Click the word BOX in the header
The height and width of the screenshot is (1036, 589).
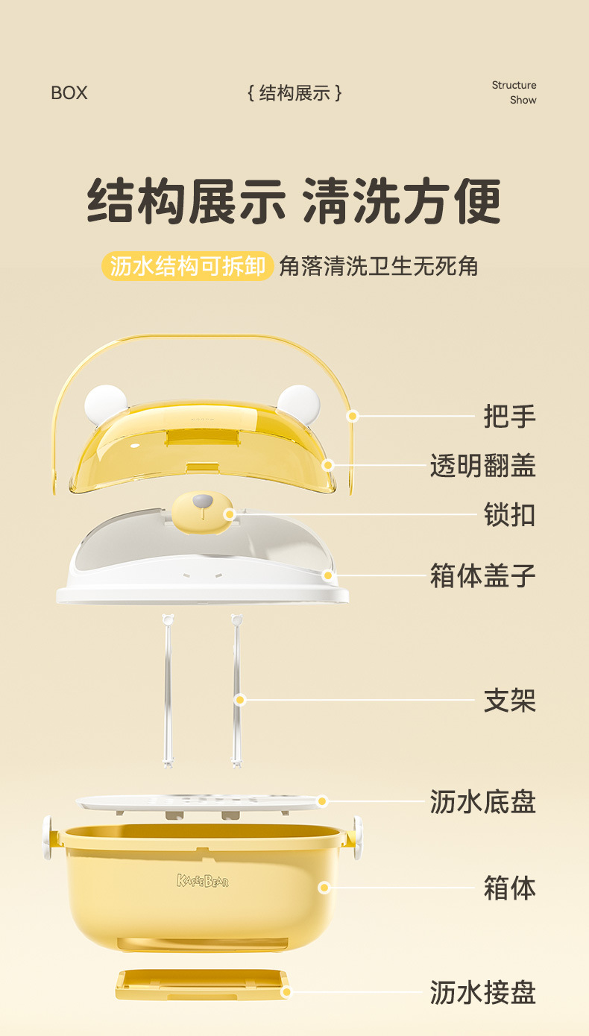tap(69, 93)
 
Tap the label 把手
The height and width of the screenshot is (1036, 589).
tap(509, 417)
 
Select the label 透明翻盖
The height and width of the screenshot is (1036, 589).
tap(482, 466)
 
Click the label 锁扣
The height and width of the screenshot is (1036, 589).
tap(509, 515)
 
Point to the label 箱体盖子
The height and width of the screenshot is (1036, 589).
tap(482, 576)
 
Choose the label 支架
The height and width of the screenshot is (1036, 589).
tap(509, 701)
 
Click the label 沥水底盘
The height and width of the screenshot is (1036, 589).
tap(482, 803)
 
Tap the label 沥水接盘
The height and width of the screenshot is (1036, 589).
tap(482, 993)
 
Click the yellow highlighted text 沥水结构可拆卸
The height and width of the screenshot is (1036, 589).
tap(187, 266)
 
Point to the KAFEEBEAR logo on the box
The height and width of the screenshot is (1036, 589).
tap(203, 882)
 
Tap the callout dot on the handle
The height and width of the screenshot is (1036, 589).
tap(353, 416)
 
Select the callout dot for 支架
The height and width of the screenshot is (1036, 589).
tap(240, 700)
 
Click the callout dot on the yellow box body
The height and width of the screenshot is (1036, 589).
tap(324, 888)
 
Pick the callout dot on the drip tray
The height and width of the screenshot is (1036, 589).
tap(285, 992)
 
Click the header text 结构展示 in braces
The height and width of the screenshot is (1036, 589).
tap(294, 93)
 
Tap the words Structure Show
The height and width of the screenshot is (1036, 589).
tap(514, 92)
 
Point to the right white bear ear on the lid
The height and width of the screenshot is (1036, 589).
tap(298, 402)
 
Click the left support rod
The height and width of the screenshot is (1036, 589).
tap(168, 689)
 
